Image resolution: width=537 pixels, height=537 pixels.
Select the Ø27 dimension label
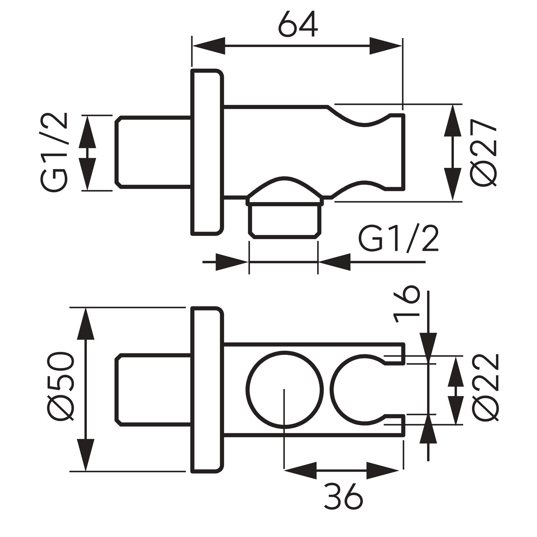pos(484,154)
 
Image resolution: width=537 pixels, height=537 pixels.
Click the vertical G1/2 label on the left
pos(54,152)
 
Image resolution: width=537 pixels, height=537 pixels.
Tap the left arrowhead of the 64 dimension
pos(209,46)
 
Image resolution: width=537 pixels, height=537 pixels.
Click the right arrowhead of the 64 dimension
pos(386,46)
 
